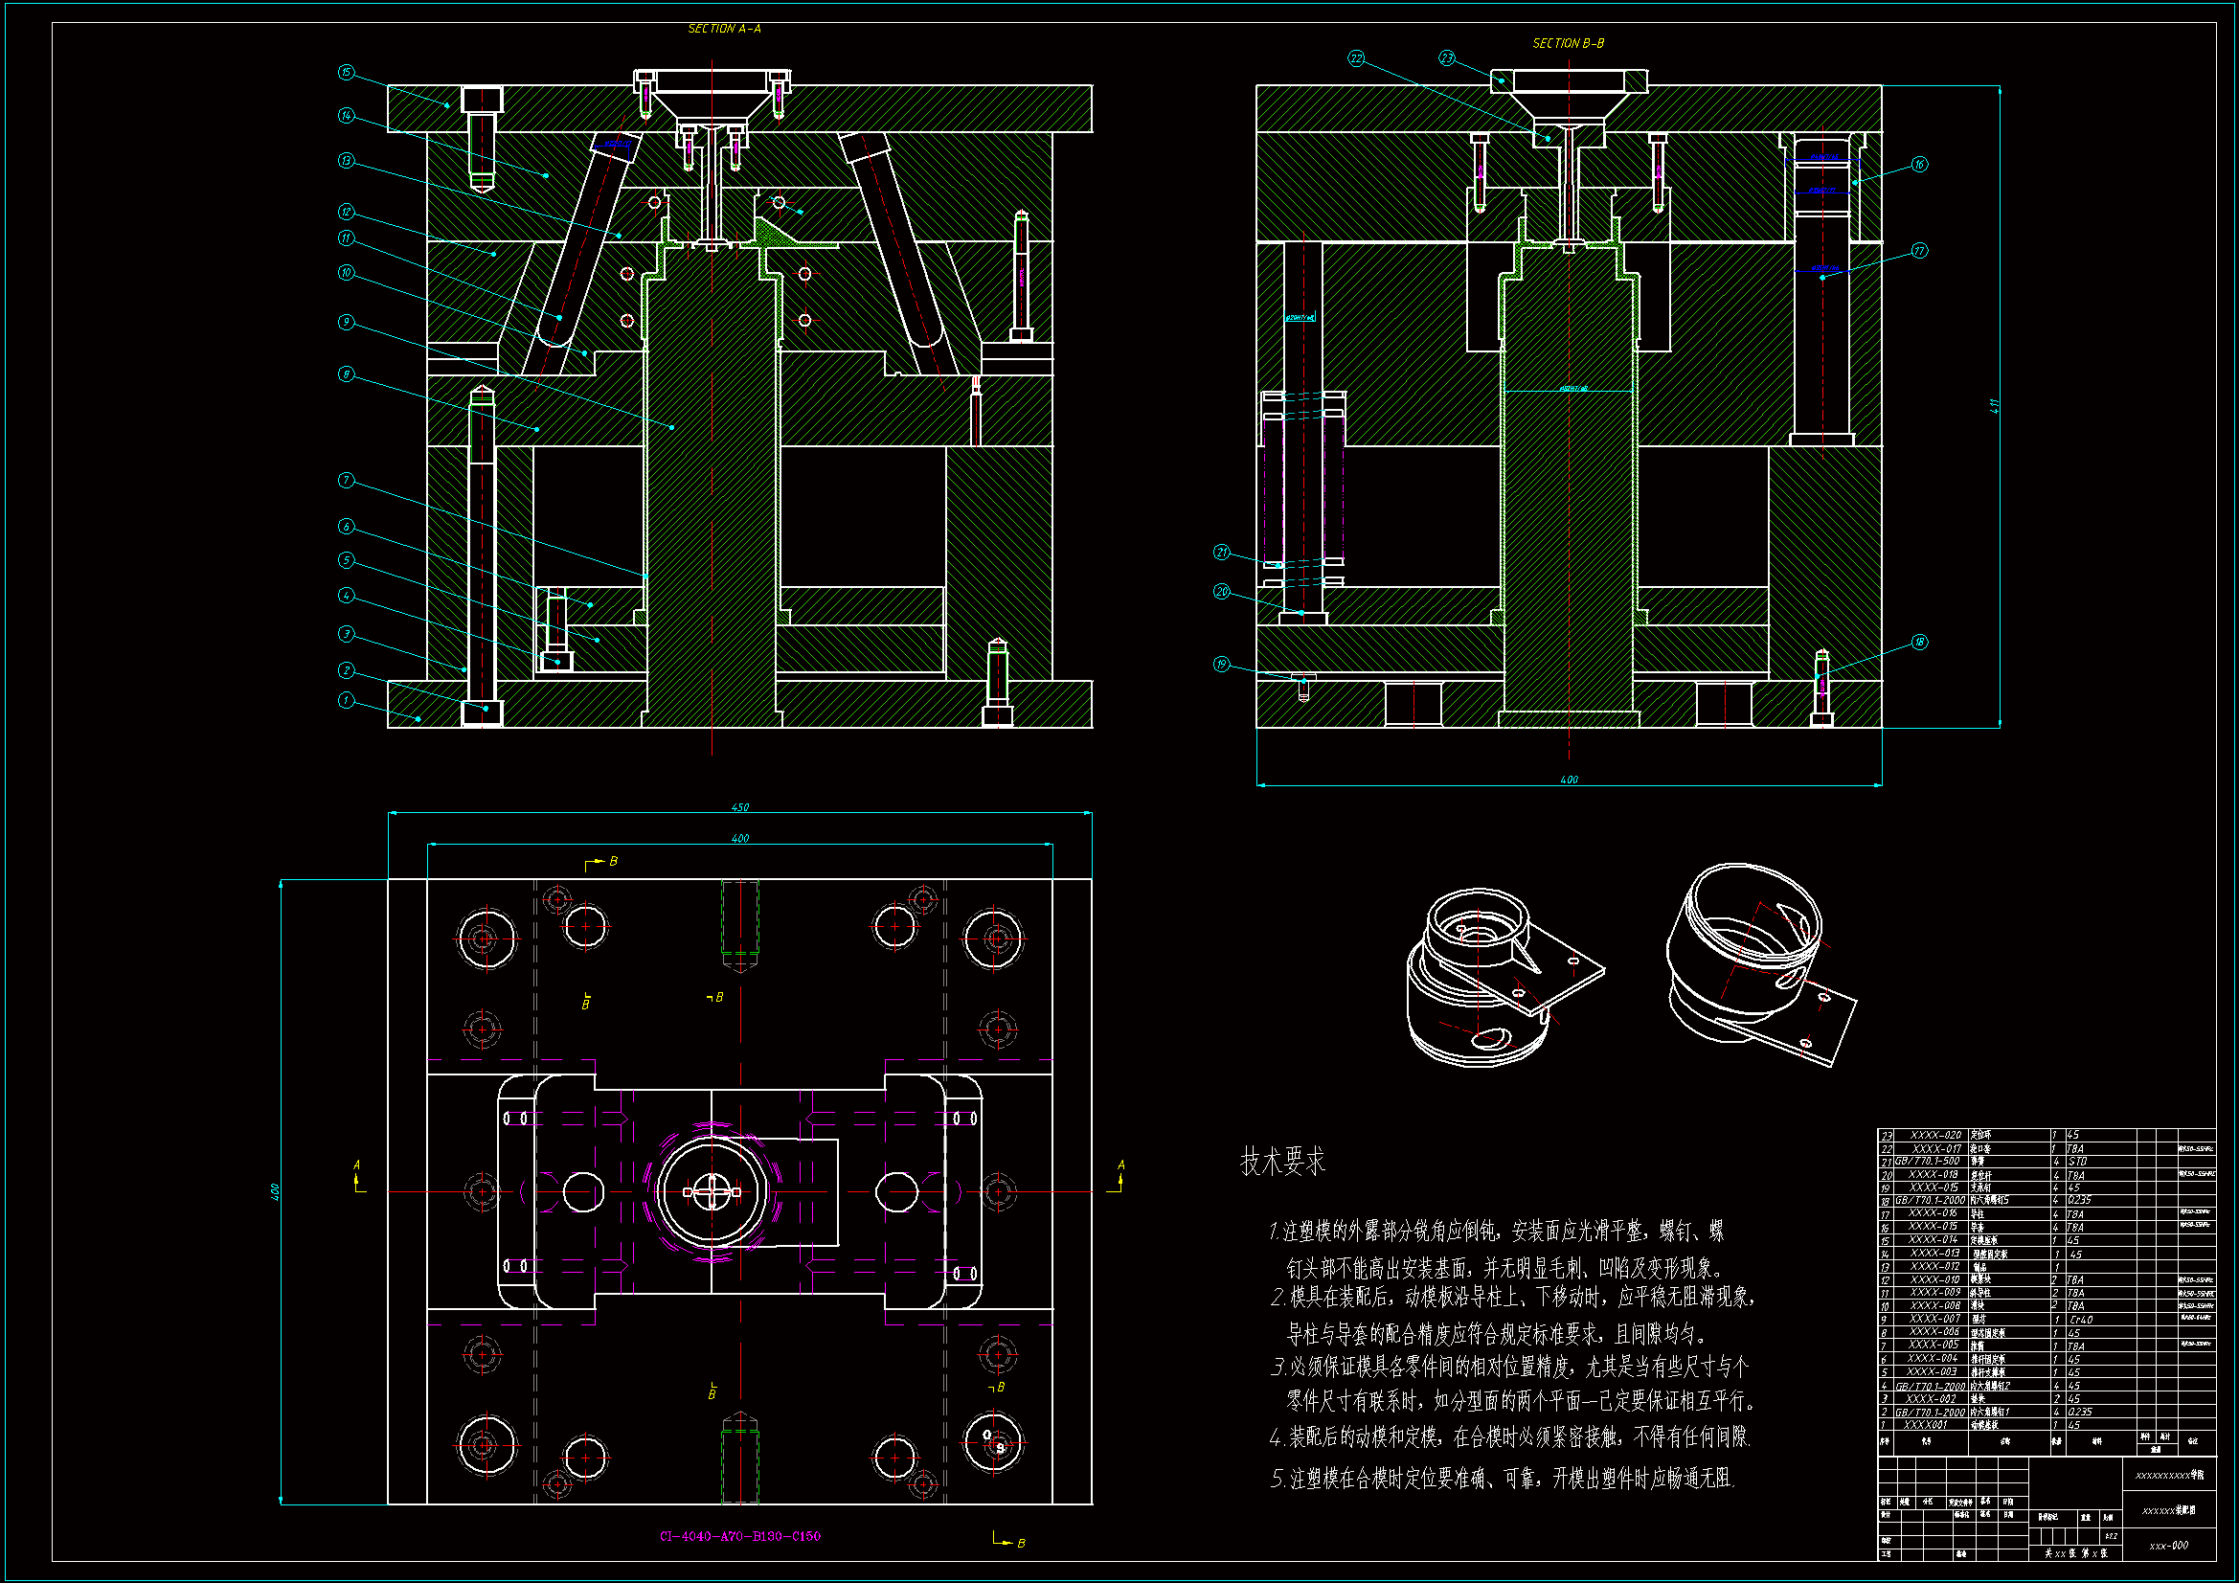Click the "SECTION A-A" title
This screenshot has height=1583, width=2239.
coord(725,30)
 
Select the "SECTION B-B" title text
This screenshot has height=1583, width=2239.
coord(1568,44)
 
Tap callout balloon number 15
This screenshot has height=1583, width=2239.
coord(346,73)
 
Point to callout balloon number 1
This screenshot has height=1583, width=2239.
coord(345,700)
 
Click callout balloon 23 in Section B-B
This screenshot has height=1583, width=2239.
coord(1447,58)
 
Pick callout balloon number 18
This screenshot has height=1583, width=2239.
coord(1919,642)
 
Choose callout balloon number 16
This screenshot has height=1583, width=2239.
coord(1919,165)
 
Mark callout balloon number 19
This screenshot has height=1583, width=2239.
coord(1222,665)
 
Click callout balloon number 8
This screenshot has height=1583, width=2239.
coord(346,374)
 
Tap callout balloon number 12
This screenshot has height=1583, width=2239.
coord(346,212)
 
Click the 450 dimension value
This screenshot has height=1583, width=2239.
coord(740,807)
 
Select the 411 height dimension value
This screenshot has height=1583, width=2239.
coord(1994,406)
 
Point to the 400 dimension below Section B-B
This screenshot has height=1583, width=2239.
coord(1569,780)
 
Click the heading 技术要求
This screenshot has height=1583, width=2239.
coord(1282,1162)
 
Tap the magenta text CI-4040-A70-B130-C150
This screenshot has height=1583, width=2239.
coord(740,1536)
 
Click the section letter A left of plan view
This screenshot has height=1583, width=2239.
coord(356,1165)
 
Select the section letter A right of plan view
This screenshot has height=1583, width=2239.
coord(1121,1165)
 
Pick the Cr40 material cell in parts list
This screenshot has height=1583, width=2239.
coord(2080,1320)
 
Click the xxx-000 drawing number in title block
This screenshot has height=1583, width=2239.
coord(2169,1545)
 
